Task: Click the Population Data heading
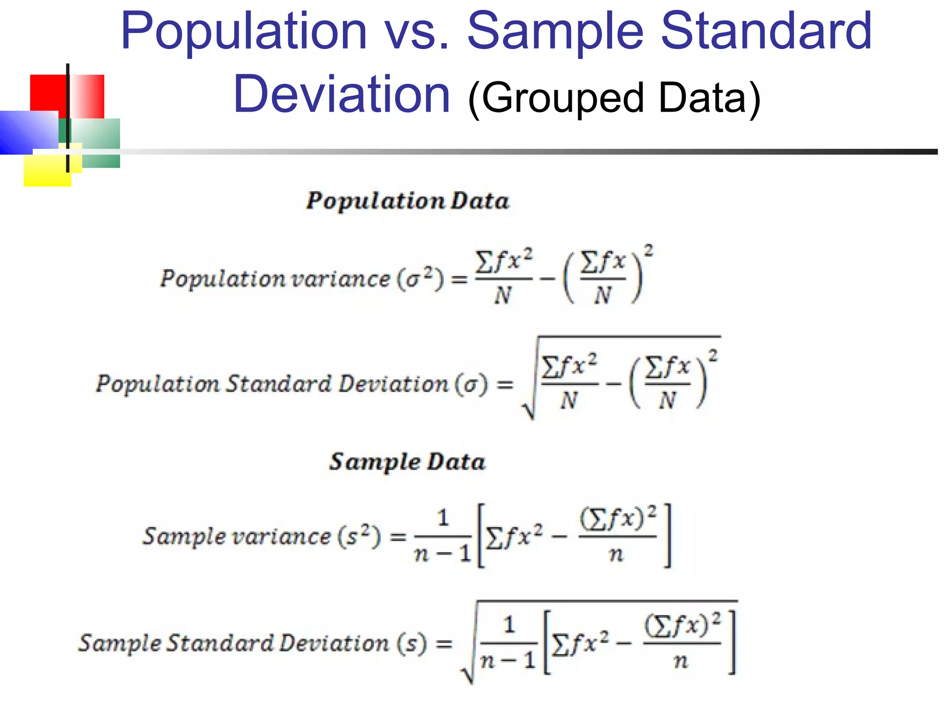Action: coord(407,201)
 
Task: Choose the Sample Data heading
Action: coord(407,462)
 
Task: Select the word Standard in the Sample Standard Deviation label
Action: coord(219,643)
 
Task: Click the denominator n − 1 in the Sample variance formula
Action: coord(442,554)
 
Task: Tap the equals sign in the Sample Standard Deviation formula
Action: coord(444,644)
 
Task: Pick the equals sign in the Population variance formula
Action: coord(460,279)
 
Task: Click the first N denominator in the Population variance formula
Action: coord(503,296)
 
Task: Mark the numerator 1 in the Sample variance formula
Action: coord(443,518)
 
